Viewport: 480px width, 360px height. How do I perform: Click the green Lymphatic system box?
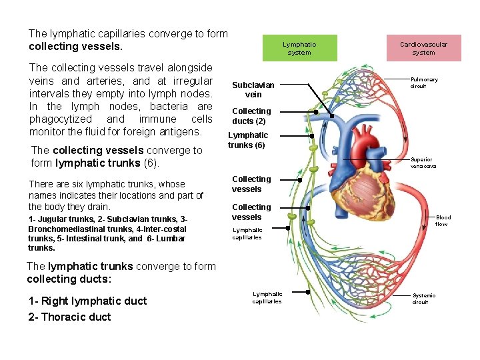click(x=299, y=48)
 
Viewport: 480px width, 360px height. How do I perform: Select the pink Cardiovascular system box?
click(x=423, y=48)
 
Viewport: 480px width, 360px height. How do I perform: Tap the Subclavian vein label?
click(x=253, y=90)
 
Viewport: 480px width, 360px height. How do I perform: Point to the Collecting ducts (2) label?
click(x=251, y=116)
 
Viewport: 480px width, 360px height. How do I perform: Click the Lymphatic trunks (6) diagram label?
click(x=248, y=140)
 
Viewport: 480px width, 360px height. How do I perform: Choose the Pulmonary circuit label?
click(x=424, y=83)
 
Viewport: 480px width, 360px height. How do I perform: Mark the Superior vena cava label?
click(x=421, y=163)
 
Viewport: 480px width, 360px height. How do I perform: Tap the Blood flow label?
click(x=443, y=221)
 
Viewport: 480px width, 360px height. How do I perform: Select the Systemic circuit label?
click(x=423, y=299)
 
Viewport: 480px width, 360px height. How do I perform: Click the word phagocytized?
click(x=59, y=119)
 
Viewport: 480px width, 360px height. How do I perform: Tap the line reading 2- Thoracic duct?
click(x=69, y=317)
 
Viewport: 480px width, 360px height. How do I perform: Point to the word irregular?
click(x=189, y=81)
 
